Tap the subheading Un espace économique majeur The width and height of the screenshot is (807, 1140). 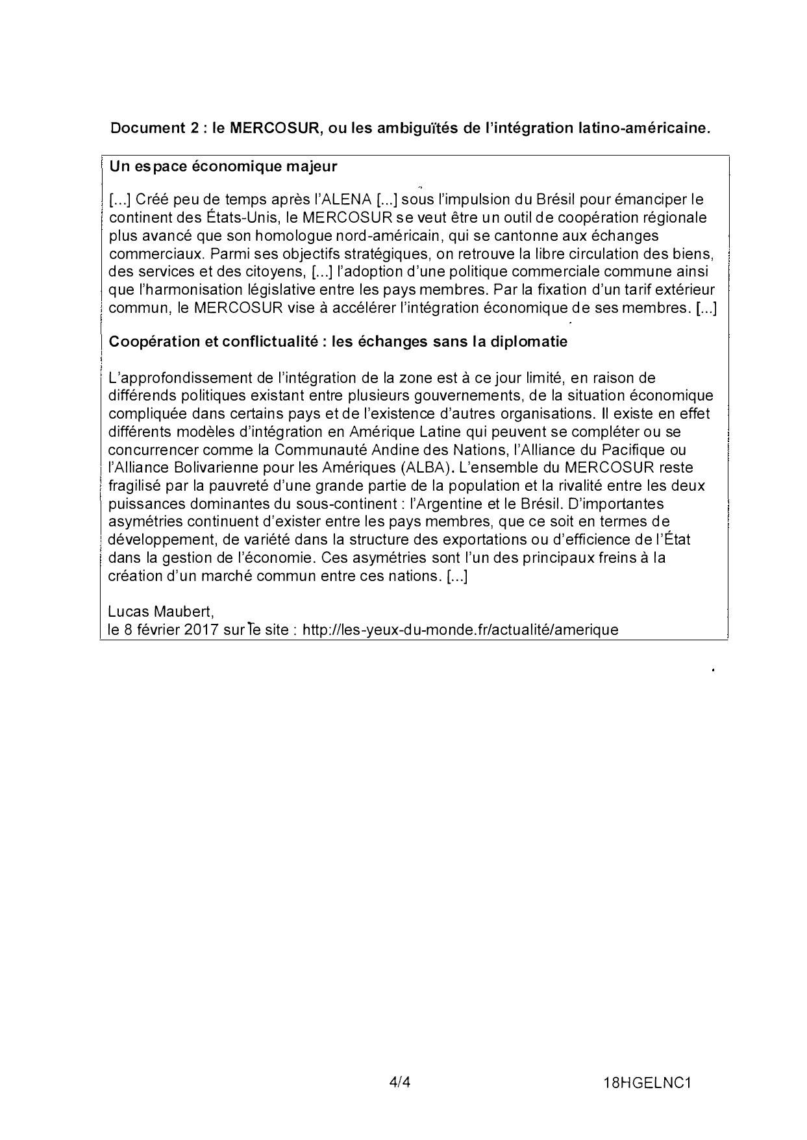223,166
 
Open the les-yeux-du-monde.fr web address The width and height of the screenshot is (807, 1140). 460,629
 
